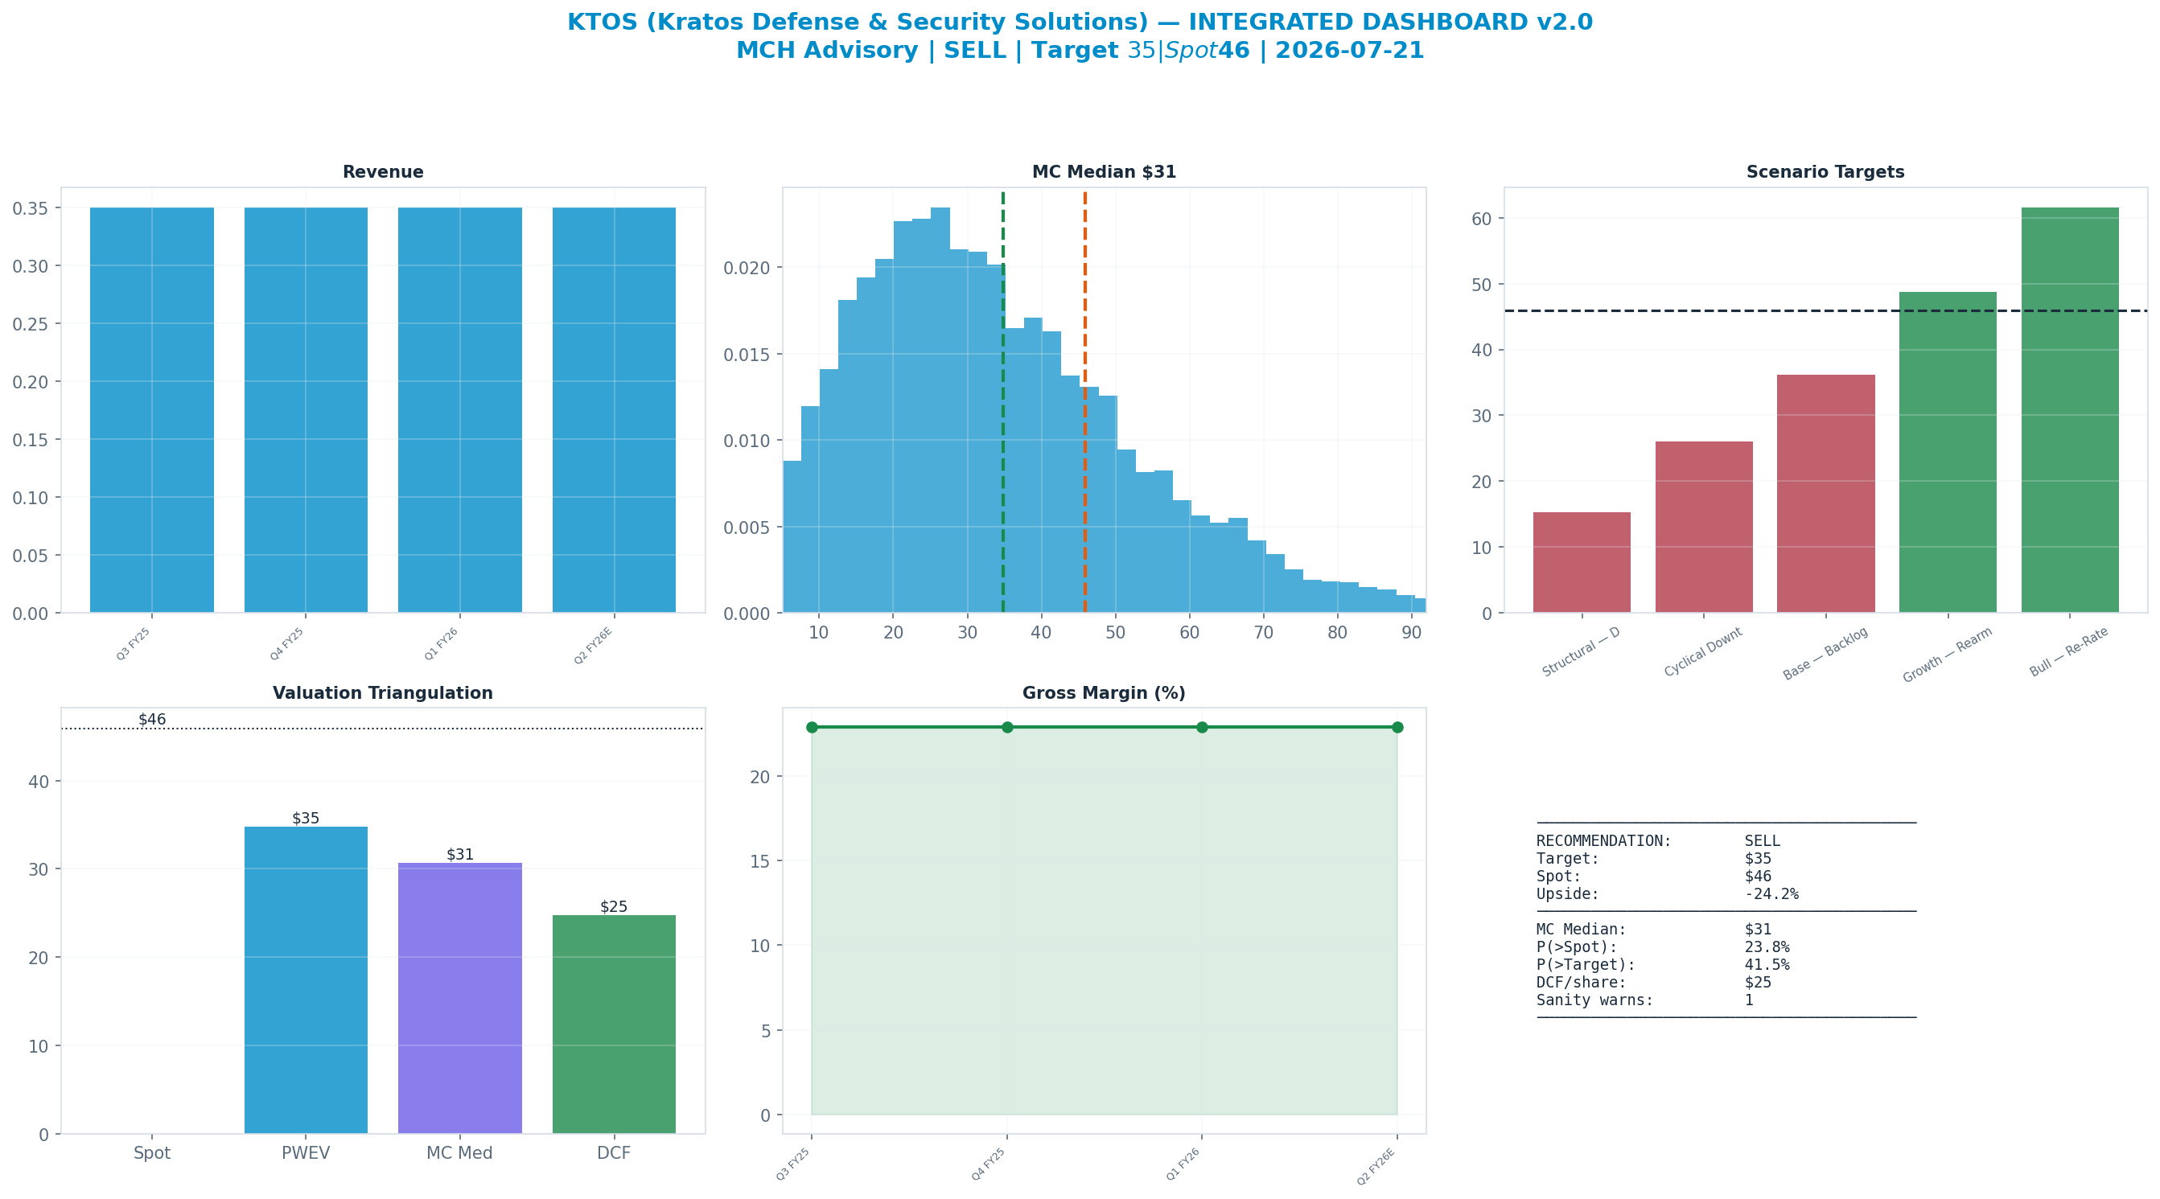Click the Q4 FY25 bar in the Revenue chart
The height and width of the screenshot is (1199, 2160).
coord(305,410)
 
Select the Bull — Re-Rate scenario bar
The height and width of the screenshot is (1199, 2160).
coord(2069,410)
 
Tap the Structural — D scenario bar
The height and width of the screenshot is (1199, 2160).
coord(1582,563)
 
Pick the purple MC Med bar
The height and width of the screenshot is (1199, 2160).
coord(459,998)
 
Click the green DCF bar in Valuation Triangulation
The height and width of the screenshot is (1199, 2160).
coord(614,1024)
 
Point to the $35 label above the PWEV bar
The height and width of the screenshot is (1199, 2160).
coord(305,819)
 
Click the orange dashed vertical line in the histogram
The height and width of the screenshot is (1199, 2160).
coord(1084,401)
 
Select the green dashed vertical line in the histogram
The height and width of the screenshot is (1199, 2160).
coord(1003,401)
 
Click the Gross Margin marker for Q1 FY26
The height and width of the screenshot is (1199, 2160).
coord(1202,727)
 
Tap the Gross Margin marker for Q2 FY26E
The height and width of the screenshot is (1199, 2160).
coord(1397,727)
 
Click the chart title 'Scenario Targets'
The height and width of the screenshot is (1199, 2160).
coord(1825,172)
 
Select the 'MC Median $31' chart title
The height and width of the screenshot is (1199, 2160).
coord(1104,172)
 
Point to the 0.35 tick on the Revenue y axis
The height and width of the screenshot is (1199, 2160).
coord(31,208)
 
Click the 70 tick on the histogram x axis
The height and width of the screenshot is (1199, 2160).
coord(1264,632)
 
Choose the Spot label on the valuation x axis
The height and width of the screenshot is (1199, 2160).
coord(152,1153)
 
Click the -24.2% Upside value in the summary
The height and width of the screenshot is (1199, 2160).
coord(1771,893)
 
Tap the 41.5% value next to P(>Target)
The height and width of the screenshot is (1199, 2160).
coord(1767,964)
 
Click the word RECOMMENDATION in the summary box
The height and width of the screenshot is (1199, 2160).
coord(1603,841)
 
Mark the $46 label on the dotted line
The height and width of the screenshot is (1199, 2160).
coord(152,720)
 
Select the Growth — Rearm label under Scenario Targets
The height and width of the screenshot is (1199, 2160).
coord(1947,655)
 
